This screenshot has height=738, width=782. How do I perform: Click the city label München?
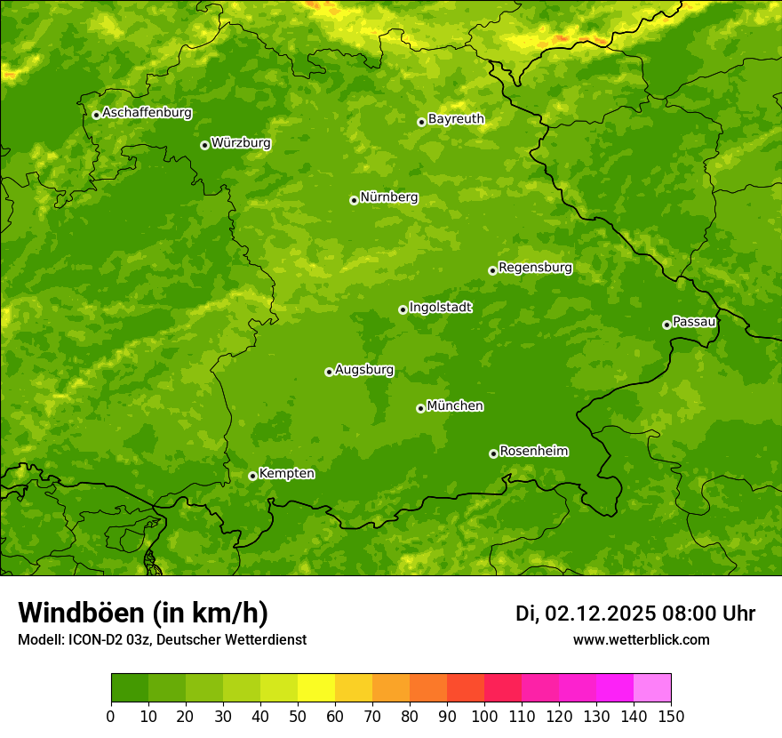coord(455,406)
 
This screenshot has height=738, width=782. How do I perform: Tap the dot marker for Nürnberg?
coord(354,200)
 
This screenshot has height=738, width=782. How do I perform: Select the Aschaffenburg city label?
coord(147,113)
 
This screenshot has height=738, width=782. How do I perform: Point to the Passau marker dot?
coord(666,325)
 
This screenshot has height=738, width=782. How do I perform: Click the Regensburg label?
coord(535,268)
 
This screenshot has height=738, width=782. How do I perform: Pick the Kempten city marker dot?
coord(252,476)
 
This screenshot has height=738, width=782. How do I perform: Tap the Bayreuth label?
coord(456,119)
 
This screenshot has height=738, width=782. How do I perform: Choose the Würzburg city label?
coord(241,143)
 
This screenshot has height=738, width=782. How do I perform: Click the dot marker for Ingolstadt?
coord(403,309)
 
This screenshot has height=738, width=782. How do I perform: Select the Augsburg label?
coord(364,370)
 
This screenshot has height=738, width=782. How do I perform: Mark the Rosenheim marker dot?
coord(493,453)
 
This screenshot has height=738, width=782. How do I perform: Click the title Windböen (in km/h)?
coord(143,613)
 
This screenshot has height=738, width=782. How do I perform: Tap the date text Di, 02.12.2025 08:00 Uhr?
coord(635,614)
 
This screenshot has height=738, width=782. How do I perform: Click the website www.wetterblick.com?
coord(641,639)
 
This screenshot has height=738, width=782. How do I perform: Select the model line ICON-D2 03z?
coord(162,639)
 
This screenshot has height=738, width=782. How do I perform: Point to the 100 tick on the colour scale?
coord(484,716)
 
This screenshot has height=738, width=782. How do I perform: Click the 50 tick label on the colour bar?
coord(298,716)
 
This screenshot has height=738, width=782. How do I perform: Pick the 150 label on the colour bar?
coord(671,716)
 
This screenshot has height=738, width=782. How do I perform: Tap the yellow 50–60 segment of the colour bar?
coord(316,687)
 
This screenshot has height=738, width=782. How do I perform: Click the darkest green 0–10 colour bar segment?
coord(130,687)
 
